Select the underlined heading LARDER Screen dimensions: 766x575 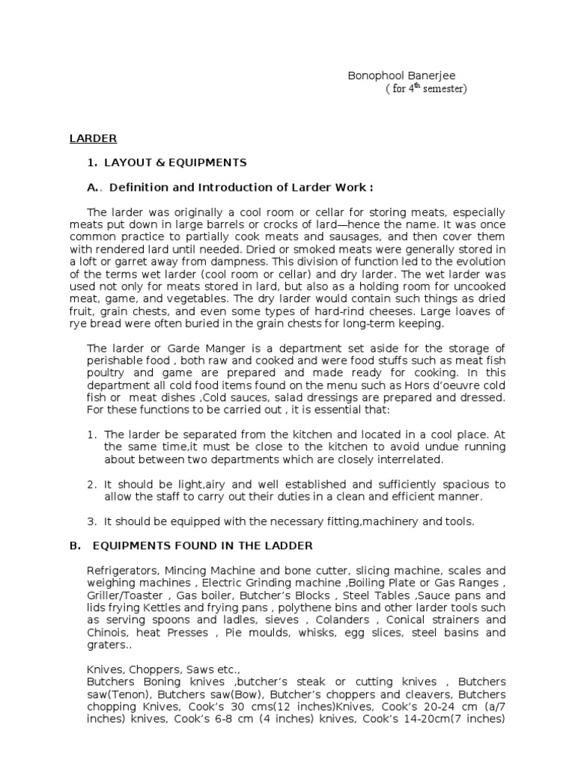click(x=93, y=138)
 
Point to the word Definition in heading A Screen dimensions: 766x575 click(x=143, y=187)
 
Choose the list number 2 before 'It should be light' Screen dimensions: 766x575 click(x=92, y=485)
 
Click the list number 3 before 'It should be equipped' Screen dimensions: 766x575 click(x=92, y=521)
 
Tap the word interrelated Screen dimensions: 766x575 click(x=409, y=459)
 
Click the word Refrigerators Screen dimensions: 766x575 click(x=122, y=570)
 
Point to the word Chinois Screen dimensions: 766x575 click(x=109, y=633)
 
